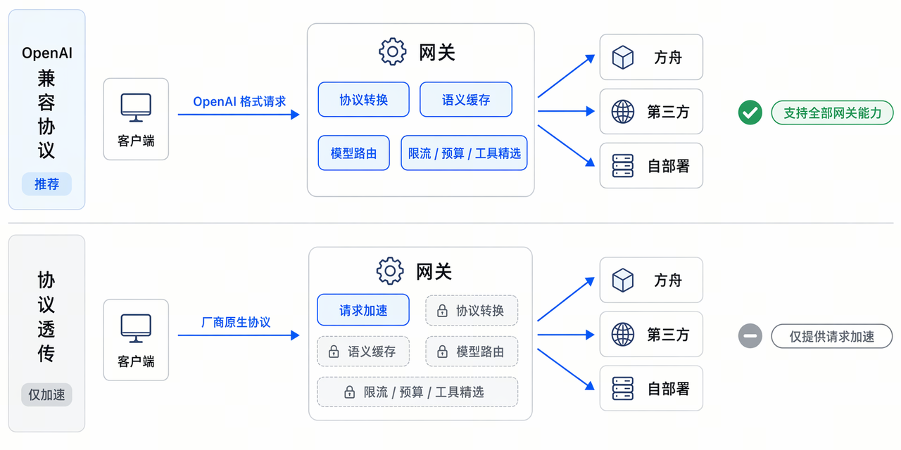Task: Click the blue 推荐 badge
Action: coord(46,184)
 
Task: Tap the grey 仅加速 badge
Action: coord(46,394)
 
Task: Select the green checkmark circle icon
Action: coord(750,112)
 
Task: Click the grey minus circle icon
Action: coord(750,336)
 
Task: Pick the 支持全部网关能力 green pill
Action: coord(832,113)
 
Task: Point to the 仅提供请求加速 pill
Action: coord(832,336)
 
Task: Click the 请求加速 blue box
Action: coord(363,310)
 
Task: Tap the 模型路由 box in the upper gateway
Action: coord(353,153)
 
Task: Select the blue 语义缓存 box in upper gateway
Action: coord(466,100)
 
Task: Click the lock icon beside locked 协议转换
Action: coord(442,311)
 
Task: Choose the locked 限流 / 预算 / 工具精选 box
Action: coord(417,392)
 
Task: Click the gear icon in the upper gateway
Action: coord(392,51)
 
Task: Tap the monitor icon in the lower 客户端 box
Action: coord(136,328)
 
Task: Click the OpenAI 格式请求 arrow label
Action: coord(239,101)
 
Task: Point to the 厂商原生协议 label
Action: coord(236,322)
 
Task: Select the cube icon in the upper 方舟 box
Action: coord(623,57)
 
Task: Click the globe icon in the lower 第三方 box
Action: coord(623,334)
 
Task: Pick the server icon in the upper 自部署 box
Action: coord(623,166)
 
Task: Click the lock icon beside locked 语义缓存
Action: coord(334,352)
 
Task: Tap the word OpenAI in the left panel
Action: coord(47,53)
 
